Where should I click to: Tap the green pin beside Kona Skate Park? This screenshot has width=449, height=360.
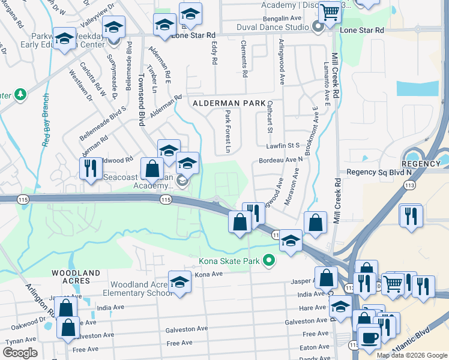tap(269, 260)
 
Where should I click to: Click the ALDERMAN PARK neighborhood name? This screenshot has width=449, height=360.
tap(229, 103)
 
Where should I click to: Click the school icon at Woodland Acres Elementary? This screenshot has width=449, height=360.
tap(179, 281)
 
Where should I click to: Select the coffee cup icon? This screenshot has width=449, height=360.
tap(369, 335)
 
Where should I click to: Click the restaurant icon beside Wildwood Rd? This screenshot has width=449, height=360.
tap(91, 167)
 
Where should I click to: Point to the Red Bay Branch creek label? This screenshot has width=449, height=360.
tap(46, 120)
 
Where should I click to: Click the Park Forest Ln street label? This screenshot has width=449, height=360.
tap(228, 131)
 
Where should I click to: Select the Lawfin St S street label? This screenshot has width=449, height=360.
tap(283, 145)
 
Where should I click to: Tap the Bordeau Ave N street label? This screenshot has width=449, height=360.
tap(280, 160)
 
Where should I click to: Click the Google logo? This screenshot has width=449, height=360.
tap(20, 353)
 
